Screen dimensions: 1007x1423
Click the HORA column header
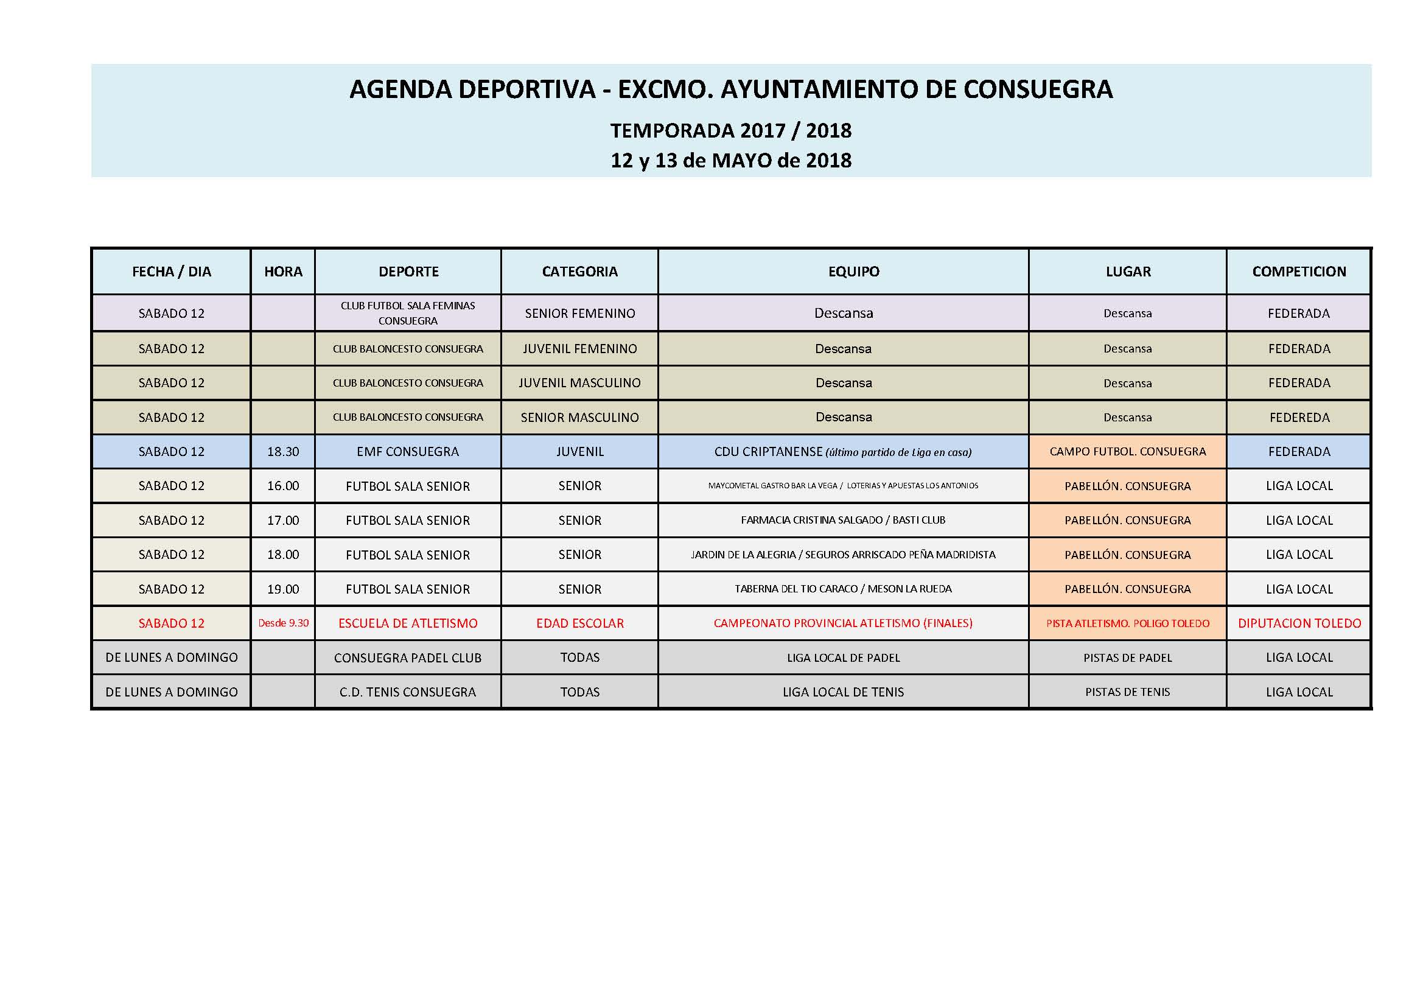(283, 272)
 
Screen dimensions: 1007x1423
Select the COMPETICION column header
(1299, 272)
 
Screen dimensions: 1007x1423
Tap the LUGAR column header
(1128, 272)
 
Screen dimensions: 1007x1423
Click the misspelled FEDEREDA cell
(1299, 417)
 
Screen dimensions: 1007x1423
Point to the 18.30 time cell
(283, 451)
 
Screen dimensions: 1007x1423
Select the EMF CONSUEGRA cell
(408, 451)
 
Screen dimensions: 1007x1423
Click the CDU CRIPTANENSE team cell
(843, 451)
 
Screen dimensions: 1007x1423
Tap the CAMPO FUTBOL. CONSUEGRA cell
(1128, 451)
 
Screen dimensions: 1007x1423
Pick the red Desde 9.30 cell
(283, 623)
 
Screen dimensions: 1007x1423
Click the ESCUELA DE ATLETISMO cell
(408, 623)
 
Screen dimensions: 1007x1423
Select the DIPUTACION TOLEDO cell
(1299, 623)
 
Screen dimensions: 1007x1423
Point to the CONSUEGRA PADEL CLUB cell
(408, 658)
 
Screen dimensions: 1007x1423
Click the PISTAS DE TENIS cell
(1128, 692)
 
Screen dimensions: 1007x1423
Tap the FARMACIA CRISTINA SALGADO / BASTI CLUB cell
(843, 520)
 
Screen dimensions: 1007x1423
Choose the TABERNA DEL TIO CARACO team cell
(843, 589)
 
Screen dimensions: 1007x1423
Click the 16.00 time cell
(283, 486)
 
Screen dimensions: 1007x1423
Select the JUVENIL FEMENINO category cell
(580, 348)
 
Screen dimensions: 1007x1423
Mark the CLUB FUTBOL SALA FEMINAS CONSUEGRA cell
(408, 313)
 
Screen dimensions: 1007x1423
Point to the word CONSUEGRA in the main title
(1038, 89)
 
